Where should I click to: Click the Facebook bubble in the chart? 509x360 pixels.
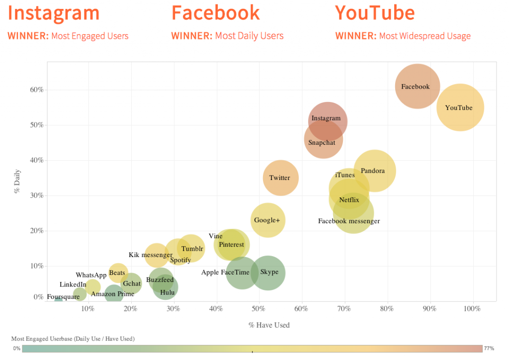pos(418,87)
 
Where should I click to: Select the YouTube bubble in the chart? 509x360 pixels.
pos(460,107)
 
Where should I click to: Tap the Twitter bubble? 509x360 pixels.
pos(280,178)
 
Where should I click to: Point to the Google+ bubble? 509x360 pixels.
pos(267,220)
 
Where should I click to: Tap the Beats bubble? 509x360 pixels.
pos(118,272)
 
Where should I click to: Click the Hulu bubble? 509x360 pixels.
pos(166,287)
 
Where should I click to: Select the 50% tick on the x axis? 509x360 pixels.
pos(259,309)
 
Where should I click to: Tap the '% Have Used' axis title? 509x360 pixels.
pos(269,325)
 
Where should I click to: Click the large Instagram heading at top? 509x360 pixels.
pos(54,13)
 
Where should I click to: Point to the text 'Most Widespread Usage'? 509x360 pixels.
pos(424,36)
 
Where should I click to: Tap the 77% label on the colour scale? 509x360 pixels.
pos(489,349)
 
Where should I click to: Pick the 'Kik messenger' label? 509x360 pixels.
pos(150,255)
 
